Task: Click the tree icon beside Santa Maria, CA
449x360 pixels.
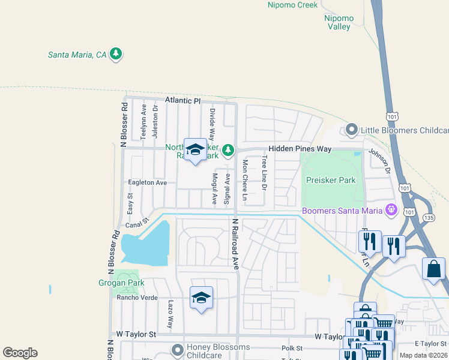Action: click(x=116, y=55)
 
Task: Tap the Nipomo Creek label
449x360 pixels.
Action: click(x=292, y=5)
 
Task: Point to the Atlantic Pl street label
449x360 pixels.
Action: click(x=183, y=101)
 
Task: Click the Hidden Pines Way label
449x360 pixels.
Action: click(x=300, y=148)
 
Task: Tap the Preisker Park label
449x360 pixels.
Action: click(x=330, y=180)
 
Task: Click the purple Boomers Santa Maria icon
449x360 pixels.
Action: click(x=391, y=210)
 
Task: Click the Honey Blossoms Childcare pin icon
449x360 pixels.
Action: click(x=177, y=349)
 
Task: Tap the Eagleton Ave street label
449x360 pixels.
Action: click(x=147, y=182)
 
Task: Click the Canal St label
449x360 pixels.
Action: click(x=137, y=224)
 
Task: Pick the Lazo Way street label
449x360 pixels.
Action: click(x=170, y=314)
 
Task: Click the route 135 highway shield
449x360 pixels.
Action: click(x=429, y=218)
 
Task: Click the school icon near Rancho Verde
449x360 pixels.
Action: click(x=201, y=297)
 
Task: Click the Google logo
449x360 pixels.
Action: click(x=20, y=353)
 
